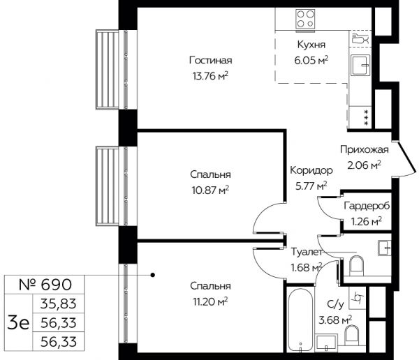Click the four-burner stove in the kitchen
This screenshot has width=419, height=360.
(305, 19)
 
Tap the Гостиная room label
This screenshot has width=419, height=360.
(211, 61)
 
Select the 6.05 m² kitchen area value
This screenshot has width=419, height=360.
(311, 61)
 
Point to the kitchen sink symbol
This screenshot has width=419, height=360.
(360, 65)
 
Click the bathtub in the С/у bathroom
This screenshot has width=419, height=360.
(300, 321)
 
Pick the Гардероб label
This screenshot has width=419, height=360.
(367, 207)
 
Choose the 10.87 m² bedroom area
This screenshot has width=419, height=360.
(210, 190)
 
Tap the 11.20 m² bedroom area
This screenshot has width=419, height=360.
(210, 302)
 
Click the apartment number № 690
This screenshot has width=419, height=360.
(45, 285)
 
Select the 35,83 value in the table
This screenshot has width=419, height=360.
(59, 304)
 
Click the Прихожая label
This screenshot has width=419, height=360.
(365, 150)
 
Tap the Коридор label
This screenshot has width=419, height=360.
(311, 170)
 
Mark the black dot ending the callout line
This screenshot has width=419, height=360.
(152, 275)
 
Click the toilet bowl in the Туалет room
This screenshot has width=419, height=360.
(356, 264)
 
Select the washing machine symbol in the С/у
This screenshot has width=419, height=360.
(358, 298)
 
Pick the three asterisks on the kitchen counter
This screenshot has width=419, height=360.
(366, 117)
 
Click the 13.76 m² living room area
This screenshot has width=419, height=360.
(210, 77)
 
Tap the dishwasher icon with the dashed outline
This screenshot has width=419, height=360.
(360, 39)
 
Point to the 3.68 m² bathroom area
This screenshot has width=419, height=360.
(335, 320)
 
